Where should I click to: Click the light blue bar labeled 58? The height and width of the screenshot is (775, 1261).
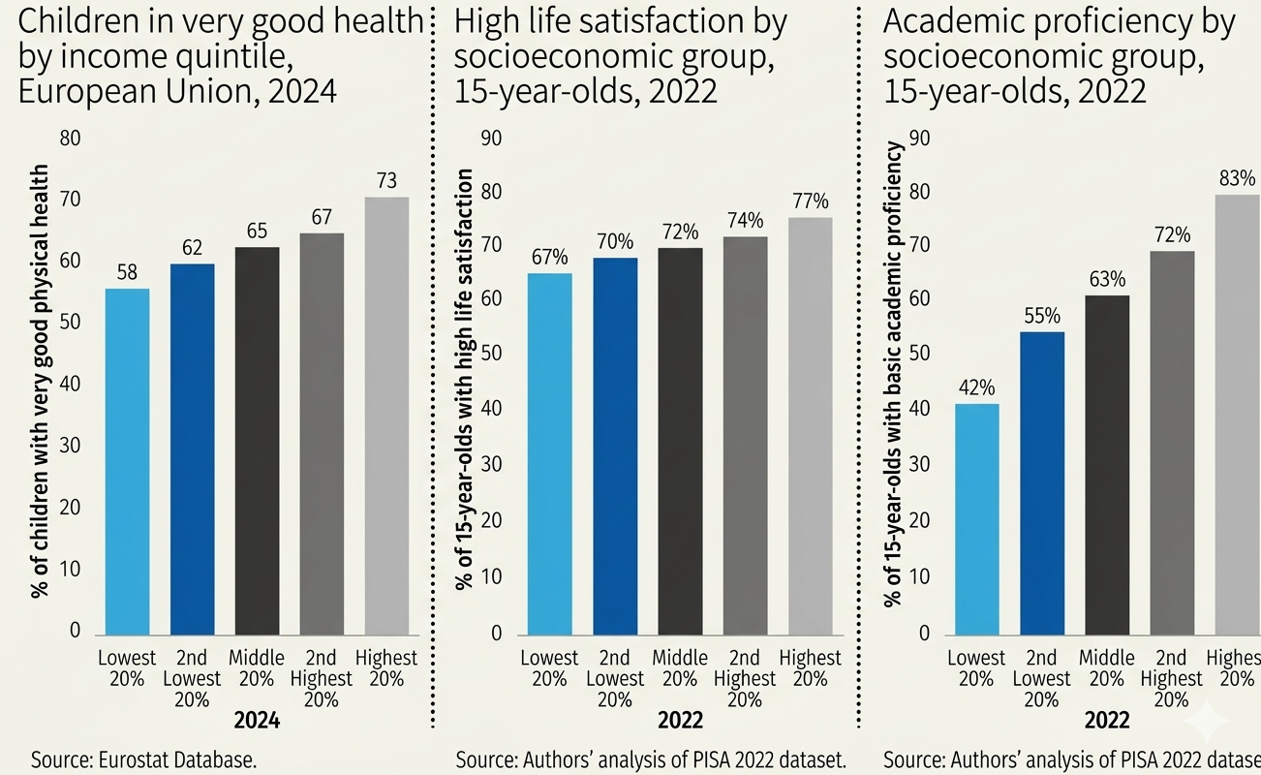[127, 462]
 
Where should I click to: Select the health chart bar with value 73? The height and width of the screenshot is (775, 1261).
[386, 417]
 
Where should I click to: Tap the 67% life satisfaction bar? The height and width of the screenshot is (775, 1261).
[549, 454]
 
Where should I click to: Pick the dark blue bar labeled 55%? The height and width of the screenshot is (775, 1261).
[1042, 483]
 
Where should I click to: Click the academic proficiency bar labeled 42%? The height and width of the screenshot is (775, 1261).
[976, 519]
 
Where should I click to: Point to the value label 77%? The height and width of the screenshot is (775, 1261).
[811, 201]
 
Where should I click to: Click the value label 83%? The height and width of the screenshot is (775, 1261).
[1238, 178]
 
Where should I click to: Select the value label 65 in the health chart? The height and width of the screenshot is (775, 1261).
[258, 231]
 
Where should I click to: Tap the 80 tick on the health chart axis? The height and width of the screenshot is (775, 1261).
[71, 139]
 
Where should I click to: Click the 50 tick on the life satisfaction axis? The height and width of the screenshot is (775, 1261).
[491, 354]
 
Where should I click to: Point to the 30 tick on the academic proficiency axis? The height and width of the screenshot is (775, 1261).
[919, 465]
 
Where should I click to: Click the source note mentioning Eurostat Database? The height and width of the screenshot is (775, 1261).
[143, 760]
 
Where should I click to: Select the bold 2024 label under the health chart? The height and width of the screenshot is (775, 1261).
[257, 721]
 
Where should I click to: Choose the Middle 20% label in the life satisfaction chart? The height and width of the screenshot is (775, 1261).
[680, 668]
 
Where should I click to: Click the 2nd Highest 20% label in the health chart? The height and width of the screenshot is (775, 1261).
[322, 679]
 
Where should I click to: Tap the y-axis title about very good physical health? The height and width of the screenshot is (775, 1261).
[40, 382]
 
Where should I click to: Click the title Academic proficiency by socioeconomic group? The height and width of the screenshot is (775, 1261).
[1059, 56]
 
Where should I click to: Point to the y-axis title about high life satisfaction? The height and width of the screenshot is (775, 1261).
[465, 379]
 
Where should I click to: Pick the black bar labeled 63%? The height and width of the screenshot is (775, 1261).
[1107, 465]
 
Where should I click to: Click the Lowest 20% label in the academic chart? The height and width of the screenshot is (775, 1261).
[976, 668]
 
